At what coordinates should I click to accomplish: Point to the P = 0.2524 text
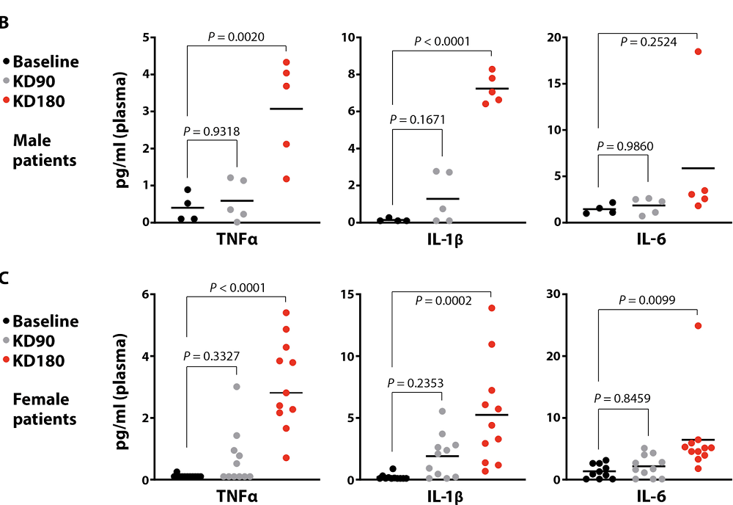647,42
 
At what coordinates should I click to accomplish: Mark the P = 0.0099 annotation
647,299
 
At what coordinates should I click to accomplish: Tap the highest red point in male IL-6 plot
699,51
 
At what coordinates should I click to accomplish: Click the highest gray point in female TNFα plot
237,386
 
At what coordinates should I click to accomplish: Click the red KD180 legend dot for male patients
7,101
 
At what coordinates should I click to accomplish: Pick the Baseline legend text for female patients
45,321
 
